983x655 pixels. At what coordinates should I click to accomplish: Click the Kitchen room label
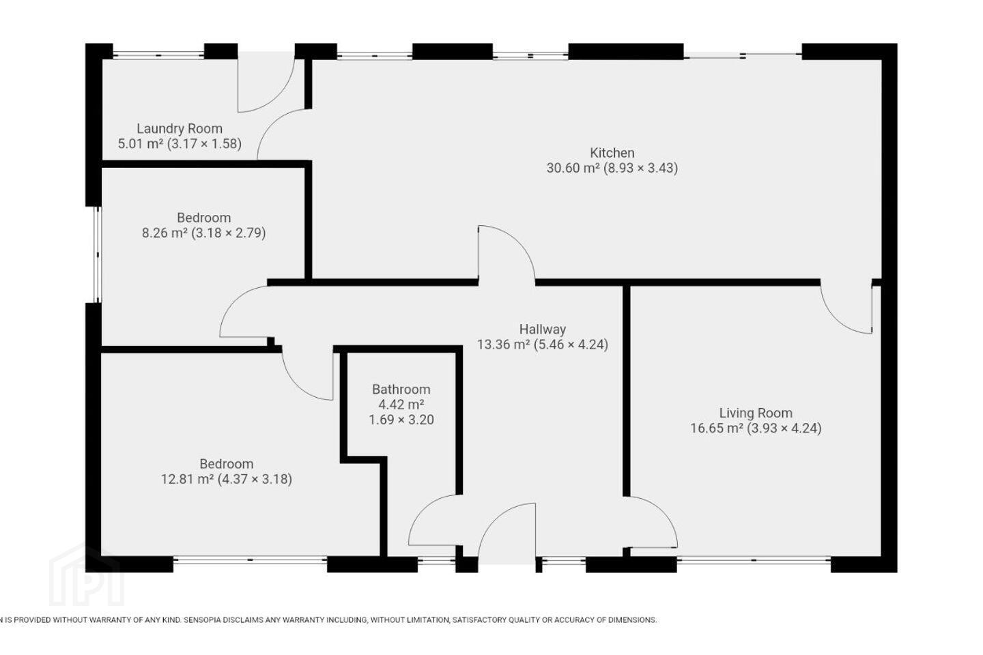point(612,153)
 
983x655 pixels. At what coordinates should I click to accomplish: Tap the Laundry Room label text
point(180,128)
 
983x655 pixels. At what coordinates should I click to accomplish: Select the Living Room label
point(756,413)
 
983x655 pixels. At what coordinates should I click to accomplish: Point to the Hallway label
point(543,329)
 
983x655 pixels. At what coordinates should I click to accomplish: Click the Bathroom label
point(401,389)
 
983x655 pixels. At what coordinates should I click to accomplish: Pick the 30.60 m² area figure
point(573,168)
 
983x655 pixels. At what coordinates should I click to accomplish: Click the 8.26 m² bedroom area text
point(165,233)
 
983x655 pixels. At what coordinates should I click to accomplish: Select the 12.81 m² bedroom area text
point(187,479)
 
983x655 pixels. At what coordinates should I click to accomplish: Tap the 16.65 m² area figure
point(717,428)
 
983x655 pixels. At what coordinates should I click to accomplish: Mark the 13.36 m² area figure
point(503,345)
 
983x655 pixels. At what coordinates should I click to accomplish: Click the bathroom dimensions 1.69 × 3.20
point(401,420)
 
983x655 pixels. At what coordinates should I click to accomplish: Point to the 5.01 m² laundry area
point(141,143)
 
